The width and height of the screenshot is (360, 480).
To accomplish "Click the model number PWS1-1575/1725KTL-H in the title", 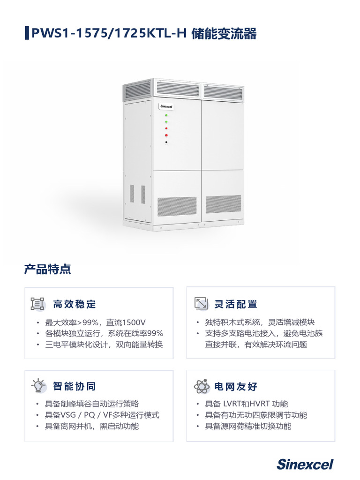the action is tap(109, 33).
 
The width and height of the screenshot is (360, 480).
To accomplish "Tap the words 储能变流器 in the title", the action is tap(224, 33).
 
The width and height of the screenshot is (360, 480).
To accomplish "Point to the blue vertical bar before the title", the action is tap(27, 33).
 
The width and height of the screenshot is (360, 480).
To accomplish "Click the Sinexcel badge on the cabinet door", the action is tap(166, 106).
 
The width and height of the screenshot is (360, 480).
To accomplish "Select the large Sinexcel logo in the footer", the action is tap(305, 465).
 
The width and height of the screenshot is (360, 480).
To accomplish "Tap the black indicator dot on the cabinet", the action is tap(166, 142).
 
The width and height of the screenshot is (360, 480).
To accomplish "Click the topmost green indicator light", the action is tap(166, 115).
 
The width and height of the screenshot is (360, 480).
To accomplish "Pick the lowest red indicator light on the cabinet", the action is tap(166, 135).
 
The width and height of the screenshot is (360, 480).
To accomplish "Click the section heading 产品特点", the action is tap(47, 269).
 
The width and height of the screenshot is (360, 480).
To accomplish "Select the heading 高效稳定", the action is tap(75, 304).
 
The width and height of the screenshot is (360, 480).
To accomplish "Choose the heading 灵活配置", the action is tap(236, 304).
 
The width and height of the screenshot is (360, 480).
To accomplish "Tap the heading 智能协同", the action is tap(75, 386).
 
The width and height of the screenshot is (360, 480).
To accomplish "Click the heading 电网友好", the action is tap(236, 386).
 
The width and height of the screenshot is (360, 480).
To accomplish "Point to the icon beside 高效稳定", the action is tap(37, 304).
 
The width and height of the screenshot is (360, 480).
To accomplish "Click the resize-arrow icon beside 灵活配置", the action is tap(202, 303).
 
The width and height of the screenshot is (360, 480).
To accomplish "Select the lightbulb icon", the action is tap(38, 385).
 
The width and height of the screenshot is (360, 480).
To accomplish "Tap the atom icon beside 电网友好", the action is tap(202, 386).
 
